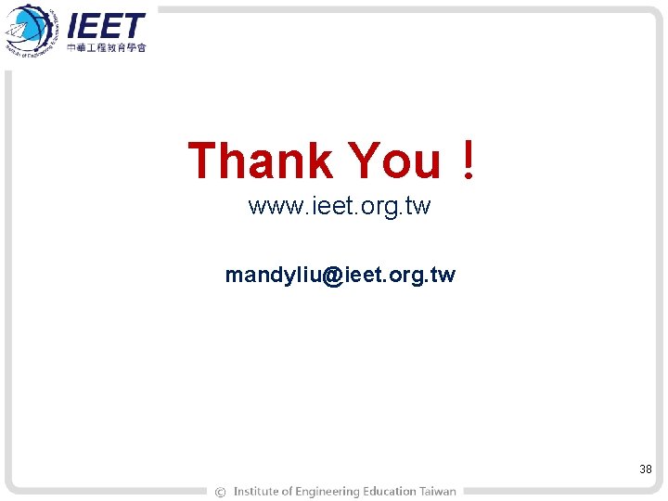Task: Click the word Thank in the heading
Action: pos(261,161)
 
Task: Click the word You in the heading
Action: pos(394,161)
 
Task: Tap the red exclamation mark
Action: pos(469,159)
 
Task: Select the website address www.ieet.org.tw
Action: pos(340,206)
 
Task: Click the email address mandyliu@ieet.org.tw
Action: pos(340,276)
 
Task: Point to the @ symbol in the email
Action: pos(332,276)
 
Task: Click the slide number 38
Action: pos(646,469)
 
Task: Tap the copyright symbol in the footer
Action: pos(220,492)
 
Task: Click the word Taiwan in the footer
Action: pos(438,492)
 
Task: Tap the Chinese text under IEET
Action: pos(107,47)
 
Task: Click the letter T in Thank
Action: pos(201,161)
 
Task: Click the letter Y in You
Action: pos(361,161)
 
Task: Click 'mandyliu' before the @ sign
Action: pos(273,276)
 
